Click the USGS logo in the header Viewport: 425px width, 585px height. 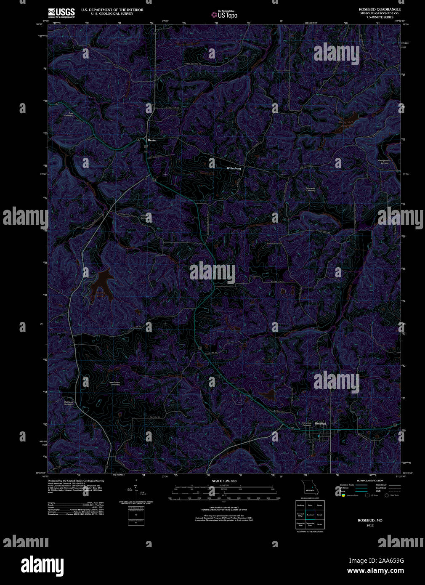[61, 12]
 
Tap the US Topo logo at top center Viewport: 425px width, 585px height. [224, 14]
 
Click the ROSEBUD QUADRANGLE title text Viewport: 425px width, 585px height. [380, 9]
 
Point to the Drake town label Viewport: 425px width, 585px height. [151, 140]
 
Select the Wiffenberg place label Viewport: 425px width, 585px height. [234, 168]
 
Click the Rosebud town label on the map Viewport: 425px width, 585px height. [321, 423]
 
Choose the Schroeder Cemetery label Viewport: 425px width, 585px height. [311, 189]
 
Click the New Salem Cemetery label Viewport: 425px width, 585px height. [115, 383]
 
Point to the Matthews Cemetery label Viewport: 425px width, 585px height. [69, 403]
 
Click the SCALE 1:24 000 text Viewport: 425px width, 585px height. [224, 481]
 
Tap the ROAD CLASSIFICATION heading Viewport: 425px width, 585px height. [370, 481]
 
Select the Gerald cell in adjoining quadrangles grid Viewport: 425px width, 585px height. [319, 515]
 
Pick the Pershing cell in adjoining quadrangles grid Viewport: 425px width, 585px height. [300, 505]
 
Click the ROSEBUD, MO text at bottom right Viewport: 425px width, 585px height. [370, 521]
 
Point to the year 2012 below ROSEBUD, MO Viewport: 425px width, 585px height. [370, 525]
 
